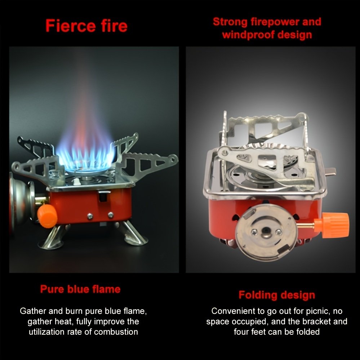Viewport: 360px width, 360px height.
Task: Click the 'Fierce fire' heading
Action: [x=86, y=26]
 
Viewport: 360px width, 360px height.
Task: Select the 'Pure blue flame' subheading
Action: [x=80, y=289]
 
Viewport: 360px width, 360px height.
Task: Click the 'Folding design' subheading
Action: [x=277, y=295]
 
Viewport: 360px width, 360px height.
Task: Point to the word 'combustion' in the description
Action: [x=116, y=332]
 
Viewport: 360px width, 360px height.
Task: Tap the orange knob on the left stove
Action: [x=47, y=216]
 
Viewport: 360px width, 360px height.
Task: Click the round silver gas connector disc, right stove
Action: [x=266, y=232]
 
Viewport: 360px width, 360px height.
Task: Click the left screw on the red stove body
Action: [x=90, y=216]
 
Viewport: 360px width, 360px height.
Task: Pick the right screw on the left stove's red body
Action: [x=111, y=215]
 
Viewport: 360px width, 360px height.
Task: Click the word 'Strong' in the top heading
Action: [x=230, y=22]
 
